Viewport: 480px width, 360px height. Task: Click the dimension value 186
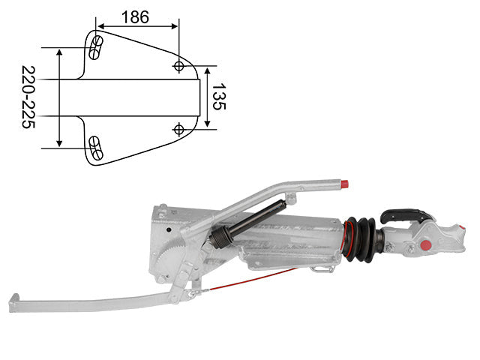[x=135, y=17]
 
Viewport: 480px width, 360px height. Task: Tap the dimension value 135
[x=219, y=97]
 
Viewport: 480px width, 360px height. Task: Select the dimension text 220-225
[x=28, y=97]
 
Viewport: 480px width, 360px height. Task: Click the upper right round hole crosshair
[x=178, y=66]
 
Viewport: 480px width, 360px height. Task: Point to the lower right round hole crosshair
[x=178, y=130]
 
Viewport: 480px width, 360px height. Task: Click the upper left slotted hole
[x=96, y=47]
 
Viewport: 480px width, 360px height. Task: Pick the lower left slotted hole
[x=96, y=148]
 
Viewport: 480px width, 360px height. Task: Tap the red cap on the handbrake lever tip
[x=344, y=184]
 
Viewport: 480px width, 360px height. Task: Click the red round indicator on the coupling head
[x=425, y=245]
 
